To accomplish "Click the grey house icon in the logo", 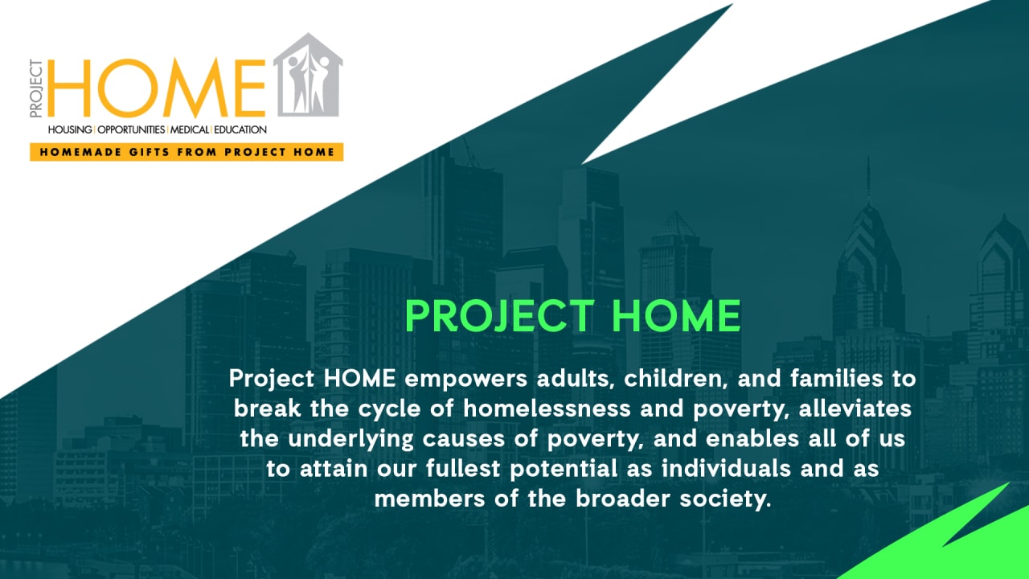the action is click(x=308, y=75).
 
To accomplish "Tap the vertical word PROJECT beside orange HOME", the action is click(x=36, y=88).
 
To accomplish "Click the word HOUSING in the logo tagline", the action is click(x=70, y=129).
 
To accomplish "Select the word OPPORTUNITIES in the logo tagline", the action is click(x=131, y=129).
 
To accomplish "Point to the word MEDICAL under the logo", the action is click(x=189, y=129).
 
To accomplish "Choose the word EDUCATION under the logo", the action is click(x=240, y=129).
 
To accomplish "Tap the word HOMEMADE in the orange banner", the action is click(x=80, y=152).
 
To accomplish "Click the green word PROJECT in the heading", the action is click(x=500, y=316).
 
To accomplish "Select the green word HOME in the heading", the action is click(x=677, y=316).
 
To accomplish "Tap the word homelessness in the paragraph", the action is click(x=547, y=408).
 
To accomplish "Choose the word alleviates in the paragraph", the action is click(x=855, y=408).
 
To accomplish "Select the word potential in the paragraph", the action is click(x=564, y=469).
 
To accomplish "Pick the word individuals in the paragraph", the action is click(x=726, y=468).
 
